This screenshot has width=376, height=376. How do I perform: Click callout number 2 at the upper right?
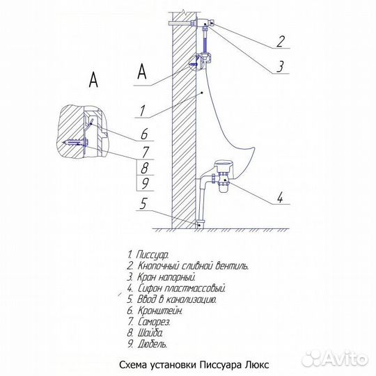tap(281, 41)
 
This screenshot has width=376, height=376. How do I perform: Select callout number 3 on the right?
tap(280, 66)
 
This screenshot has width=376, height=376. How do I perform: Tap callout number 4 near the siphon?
tap(280, 198)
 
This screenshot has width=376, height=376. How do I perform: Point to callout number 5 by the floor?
tap(143, 204)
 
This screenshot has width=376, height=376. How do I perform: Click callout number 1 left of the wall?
tap(143, 111)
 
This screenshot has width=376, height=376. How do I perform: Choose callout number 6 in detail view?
tap(144, 134)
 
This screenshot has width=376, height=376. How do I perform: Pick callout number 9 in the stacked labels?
tap(144, 183)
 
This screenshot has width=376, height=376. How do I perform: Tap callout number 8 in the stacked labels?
tap(144, 167)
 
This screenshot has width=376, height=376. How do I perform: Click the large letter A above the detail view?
tap(93, 79)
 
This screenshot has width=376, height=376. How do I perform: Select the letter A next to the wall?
tap(142, 71)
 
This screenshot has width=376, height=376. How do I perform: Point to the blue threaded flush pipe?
tap(205, 41)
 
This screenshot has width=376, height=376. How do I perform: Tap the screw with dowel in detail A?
tap(75, 143)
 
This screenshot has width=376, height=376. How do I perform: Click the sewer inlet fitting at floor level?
tap(200, 224)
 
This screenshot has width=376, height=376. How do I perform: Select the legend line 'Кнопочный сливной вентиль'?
tap(187, 266)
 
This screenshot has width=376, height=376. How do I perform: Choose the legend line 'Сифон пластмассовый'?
tap(176, 288)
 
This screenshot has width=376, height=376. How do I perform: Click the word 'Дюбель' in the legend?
tap(152, 345)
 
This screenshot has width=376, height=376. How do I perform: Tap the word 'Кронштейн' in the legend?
tap(160, 311)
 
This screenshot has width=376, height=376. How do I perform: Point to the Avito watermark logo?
tap(334, 359)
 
